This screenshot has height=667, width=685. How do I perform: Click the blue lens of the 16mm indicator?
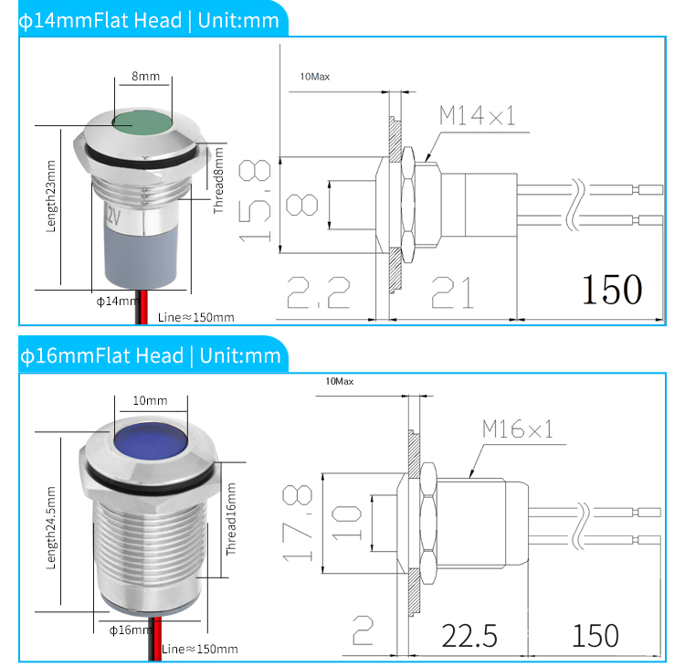pos(149,445)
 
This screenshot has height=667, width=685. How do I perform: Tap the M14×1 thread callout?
pos(477,115)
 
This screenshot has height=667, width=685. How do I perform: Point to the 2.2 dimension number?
pos(319,292)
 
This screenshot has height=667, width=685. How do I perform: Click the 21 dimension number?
pos(453,292)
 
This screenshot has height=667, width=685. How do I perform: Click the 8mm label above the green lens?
pos(144,78)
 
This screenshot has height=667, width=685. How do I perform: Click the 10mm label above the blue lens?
pos(150,400)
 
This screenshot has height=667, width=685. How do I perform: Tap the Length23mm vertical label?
pos(51,208)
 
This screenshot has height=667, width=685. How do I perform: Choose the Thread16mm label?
pos(231,520)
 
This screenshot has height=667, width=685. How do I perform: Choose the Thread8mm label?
pos(218,180)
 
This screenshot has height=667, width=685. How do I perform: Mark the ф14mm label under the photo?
pos(114,301)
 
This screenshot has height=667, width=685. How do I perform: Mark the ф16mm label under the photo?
pos(121,629)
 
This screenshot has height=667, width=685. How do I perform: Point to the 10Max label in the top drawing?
pos(314,76)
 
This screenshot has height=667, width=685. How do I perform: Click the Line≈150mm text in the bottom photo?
pos(199,649)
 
